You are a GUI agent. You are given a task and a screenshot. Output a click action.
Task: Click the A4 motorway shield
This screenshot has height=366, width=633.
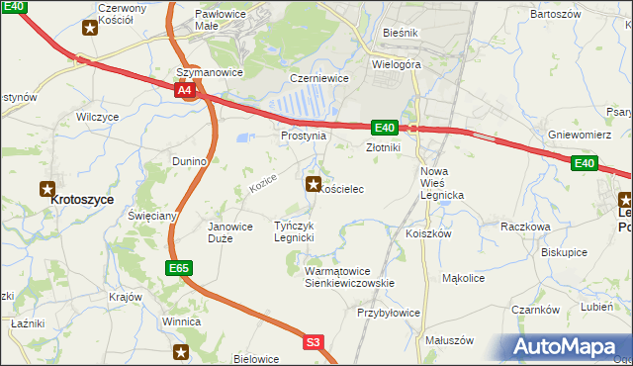(185, 91)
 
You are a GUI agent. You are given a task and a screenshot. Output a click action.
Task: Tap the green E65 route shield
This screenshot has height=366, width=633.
(178, 268)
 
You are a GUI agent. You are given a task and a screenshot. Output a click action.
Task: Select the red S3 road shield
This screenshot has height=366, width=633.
(314, 342)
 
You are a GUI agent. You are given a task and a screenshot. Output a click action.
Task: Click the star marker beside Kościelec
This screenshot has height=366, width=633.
(314, 183)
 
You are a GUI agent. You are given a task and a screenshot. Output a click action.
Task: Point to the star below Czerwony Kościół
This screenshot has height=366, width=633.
(90, 27)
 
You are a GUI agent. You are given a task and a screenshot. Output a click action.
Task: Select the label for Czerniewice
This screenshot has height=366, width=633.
(315, 77)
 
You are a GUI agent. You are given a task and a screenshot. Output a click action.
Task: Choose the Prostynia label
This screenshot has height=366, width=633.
(303, 136)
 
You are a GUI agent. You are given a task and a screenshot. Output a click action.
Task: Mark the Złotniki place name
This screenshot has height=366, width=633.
(383, 147)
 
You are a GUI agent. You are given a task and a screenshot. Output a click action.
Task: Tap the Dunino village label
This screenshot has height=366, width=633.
(189, 160)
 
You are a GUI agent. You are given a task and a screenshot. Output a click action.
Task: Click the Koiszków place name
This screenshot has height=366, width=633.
(428, 234)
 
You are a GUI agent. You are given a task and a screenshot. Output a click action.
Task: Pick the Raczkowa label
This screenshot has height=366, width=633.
(525, 227)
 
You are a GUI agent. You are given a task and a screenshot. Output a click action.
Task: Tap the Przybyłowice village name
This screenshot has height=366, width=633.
(389, 313)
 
